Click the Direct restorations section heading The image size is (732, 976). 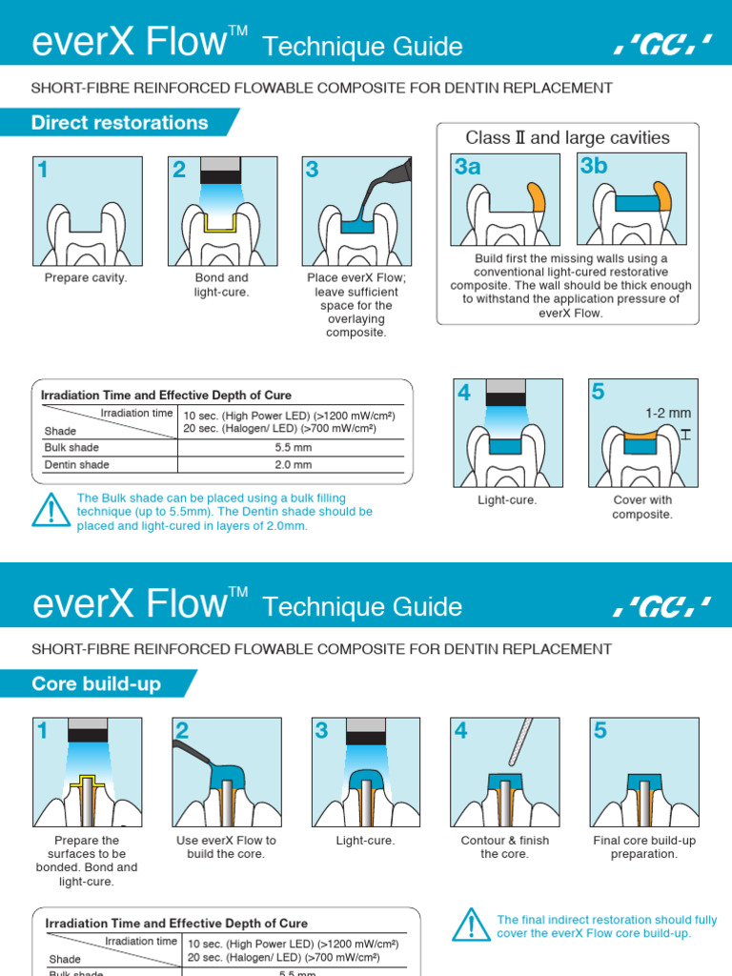(120, 123)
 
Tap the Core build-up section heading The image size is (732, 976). (96, 684)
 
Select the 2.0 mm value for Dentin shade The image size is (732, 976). (293, 465)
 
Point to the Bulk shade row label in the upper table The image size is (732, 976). (71, 447)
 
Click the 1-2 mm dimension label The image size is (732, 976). (667, 413)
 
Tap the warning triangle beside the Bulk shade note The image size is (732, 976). (51, 512)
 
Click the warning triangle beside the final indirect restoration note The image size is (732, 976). (471, 926)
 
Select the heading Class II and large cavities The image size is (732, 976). (567, 138)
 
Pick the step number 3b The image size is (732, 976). (594, 166)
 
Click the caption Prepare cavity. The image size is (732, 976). (86, 278)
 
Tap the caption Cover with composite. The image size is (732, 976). (642, 507)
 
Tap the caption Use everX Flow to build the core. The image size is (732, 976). (226, 847)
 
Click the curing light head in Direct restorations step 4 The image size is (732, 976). (505, 393)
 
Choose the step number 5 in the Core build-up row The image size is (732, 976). (600, 731)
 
